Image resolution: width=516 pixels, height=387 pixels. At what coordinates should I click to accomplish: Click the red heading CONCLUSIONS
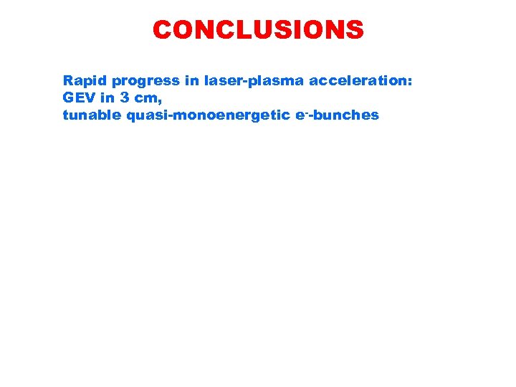pos(258,30)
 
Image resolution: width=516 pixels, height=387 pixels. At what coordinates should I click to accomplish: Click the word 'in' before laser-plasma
pos(192,81)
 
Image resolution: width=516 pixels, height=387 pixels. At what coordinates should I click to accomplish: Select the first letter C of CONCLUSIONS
pos(163,30)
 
